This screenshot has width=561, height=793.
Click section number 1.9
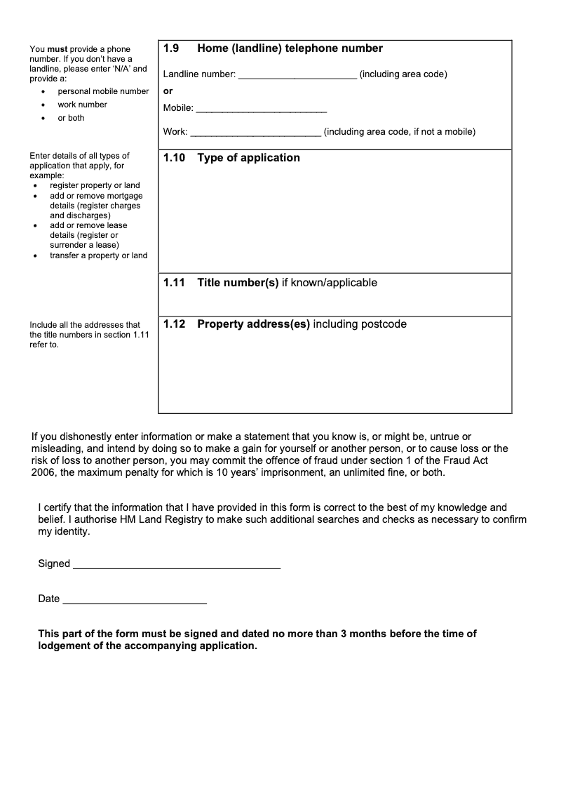[172, 48]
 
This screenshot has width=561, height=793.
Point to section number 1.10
[174, 158]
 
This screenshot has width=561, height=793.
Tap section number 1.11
[174, 283]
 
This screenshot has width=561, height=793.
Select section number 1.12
[174, 324]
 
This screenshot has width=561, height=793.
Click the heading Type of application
[248, 158]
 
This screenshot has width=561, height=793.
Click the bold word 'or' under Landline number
[168, 91]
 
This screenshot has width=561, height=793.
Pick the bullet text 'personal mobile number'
[103, 91]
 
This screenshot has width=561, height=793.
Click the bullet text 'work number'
[83, 105]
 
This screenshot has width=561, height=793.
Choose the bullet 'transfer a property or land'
[98, 255]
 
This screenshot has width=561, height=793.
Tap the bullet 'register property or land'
[95, 185]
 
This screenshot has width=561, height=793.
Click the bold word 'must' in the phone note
[57, 49]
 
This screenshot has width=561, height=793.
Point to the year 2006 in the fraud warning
[43, 473]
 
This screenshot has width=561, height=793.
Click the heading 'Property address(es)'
[253, 324]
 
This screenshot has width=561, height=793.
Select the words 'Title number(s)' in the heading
[238, 283]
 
